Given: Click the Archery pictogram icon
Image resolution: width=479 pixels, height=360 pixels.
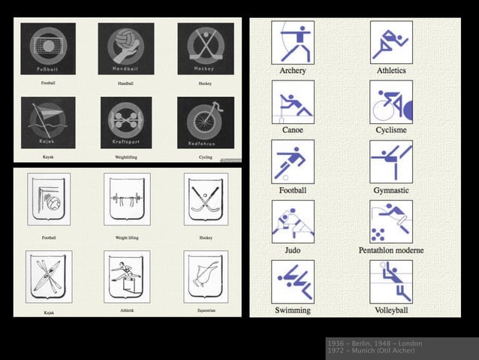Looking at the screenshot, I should pos(293,42).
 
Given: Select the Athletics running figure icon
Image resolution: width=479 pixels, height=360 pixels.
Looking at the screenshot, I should pos(391,42).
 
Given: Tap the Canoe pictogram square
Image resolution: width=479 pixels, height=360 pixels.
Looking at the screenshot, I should pos(293,102).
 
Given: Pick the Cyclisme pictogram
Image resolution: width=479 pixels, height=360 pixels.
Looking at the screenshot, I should pos(391,102).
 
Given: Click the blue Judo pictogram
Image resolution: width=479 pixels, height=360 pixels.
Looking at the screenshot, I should pos(293,222).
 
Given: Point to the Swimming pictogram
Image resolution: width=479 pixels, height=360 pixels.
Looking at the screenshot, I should pos(293,282).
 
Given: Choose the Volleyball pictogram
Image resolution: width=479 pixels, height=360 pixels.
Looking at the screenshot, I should pos(391,282).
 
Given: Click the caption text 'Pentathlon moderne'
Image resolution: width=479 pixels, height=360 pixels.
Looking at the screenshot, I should pos(391,250).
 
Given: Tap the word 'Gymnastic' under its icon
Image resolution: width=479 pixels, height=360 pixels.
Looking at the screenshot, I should pos(391,190).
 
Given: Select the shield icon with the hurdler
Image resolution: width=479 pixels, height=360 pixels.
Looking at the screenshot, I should pos(126,275).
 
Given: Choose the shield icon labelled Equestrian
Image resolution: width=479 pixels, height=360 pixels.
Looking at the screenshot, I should pos(205,276).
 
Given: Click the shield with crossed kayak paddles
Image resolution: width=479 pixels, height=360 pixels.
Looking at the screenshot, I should pos(49,276).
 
